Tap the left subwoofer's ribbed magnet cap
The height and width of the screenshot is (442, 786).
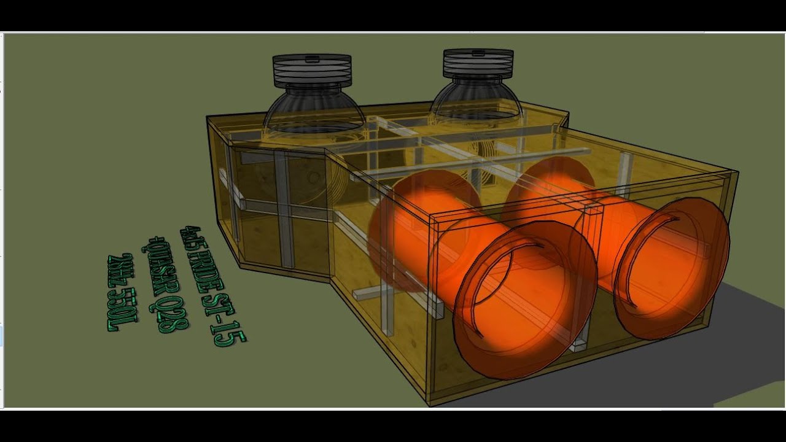(x=312, y=69)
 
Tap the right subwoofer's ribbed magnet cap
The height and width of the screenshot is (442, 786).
(x=478, y=63)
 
